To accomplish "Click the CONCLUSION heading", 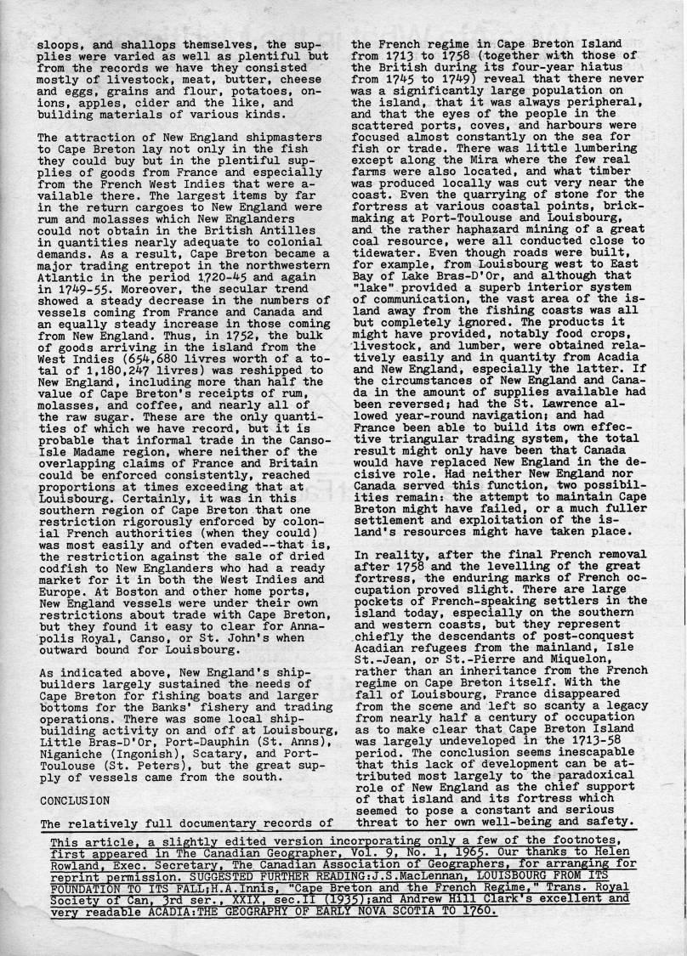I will click(x=75, y=800).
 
